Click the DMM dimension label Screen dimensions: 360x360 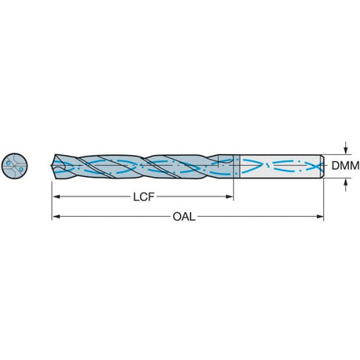tap(345, 166)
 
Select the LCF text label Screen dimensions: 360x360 tap(144, 197)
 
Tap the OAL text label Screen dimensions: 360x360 tap(184, 217)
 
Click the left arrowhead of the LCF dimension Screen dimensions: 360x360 tap(56, 196)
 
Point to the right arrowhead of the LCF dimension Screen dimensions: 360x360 tap(229, 196)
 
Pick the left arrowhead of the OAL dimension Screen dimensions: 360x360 tap(56, 216)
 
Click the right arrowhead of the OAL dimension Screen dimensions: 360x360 tap(319, 216)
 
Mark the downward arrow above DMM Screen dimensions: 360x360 tap(346, 148)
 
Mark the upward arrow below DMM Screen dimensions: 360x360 tap(346, 185)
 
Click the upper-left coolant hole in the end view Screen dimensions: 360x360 tap(8, 164)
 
